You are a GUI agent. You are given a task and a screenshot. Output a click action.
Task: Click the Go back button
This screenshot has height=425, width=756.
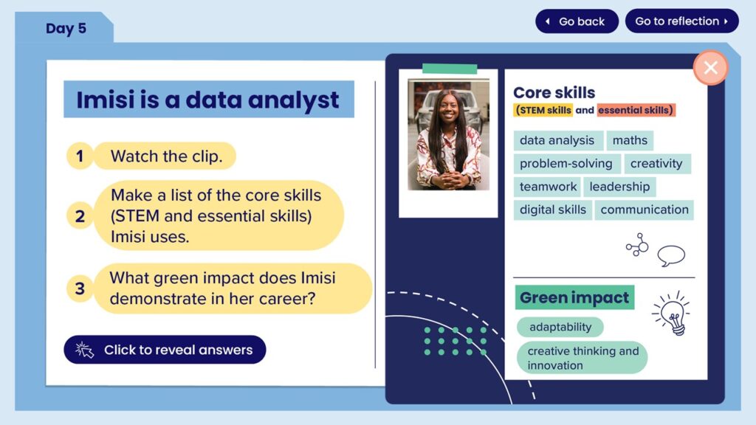click(577, 21)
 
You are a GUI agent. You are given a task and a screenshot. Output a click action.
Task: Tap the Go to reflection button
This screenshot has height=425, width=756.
click(681, 21)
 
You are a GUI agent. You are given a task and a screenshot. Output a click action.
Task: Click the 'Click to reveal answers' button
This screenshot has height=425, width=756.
click(165, 349)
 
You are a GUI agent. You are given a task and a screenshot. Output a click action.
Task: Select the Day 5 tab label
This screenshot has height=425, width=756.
click(66, 29)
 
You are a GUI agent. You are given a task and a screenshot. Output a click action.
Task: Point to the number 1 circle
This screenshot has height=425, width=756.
click(80, 156)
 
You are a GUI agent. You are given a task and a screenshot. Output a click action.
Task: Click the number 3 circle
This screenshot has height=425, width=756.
click(80, 288)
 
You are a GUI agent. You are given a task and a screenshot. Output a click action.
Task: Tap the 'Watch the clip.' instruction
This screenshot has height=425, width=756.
click(166, 156)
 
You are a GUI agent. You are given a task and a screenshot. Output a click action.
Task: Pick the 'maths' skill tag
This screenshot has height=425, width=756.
click(630, 140)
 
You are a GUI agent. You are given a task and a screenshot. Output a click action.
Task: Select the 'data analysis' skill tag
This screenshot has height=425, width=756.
click(557, 140)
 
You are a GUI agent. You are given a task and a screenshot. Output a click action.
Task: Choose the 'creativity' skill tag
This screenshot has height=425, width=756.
click(656, 163)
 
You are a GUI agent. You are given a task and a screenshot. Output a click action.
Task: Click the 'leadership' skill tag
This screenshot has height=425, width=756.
click(619, 187)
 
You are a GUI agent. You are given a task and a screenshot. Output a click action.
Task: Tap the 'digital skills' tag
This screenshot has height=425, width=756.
click(552, 210)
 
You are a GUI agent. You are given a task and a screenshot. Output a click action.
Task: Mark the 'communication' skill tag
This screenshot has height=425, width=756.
click(644, 210)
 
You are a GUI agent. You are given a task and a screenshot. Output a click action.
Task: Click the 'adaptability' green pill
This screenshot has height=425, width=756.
click(560, 327)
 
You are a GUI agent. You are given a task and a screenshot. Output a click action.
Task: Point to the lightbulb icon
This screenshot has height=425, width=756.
click(672, 314)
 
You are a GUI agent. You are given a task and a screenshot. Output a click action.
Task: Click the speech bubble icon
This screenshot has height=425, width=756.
click(671, 255)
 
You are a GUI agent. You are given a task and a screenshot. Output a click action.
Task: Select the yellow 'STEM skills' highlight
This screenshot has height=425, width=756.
click(543, 110)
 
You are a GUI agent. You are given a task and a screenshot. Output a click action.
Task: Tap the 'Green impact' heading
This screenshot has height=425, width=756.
click(574, 297)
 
